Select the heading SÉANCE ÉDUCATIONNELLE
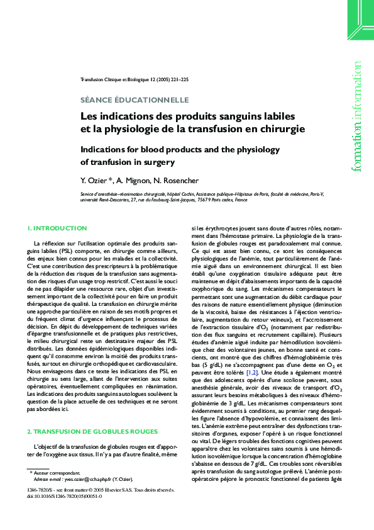tap(135, 99)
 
